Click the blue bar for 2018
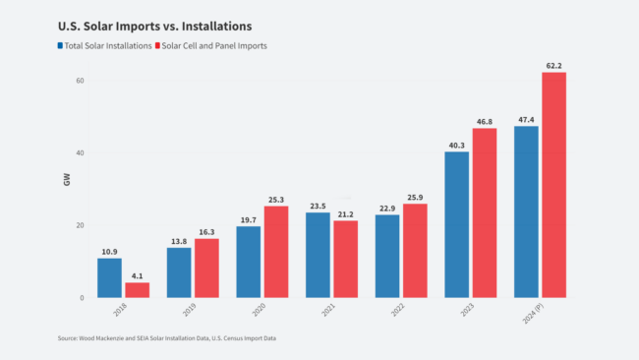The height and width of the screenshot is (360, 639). pos(109,277)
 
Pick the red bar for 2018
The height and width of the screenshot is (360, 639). pos(137,289)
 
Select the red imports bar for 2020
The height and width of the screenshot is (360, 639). pos(276,251)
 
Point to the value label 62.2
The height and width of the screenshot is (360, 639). pos(554,65)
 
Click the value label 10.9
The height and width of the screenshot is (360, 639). pos(109,251)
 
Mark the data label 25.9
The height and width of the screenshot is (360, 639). pos(415,197)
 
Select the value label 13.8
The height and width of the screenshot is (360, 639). pos(179,240)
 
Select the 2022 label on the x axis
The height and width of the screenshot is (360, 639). pos(398,313)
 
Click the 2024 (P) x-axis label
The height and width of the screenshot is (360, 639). pos(533,318)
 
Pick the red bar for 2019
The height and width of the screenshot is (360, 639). pos(206,268)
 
